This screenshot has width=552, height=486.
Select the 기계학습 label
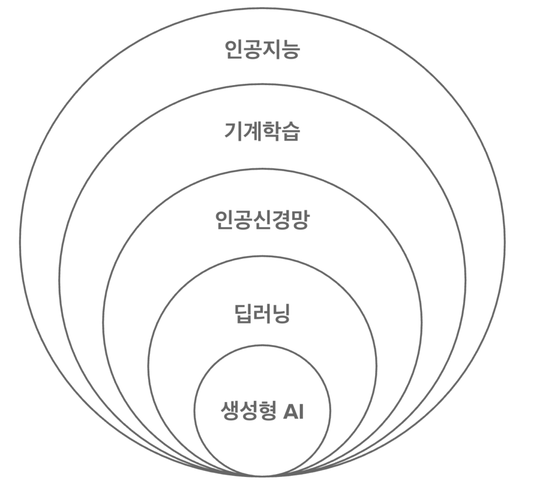click(262, 131)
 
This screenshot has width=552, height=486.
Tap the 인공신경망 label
click(262, 220)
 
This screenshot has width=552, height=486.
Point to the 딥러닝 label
click(263, 314)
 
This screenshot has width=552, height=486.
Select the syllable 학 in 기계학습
click(271, 131)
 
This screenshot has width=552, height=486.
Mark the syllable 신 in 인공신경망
click(262, 220)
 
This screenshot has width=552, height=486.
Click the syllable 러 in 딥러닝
click(263, 314)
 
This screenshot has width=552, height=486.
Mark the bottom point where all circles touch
click(263, 476)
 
